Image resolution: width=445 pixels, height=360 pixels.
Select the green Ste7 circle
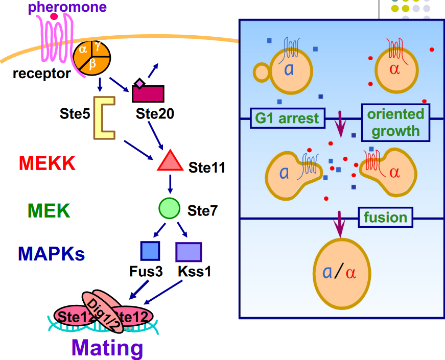(x=170, y=208)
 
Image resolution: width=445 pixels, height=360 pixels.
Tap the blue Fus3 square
(x=150, y=251)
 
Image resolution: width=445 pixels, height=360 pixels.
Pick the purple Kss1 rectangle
(x=189, y=252)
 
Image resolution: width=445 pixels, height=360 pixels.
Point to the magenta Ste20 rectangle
(x=149, y=94)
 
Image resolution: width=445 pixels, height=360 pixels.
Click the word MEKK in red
(x=47, y=163)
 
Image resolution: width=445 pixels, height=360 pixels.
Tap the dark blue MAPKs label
(x=51, y=253)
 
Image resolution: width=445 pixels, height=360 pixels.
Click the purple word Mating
(x=107, y=348)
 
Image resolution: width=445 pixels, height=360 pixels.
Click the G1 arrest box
(x=288, y=118)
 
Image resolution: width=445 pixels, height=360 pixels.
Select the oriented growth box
(x=395, y=123)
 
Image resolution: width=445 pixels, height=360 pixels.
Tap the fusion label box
(x=385, y=218)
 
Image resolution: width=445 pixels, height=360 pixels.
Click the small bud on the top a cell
(x=262, y=73)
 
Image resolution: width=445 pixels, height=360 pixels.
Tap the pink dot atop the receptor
(x=54, y=17)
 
